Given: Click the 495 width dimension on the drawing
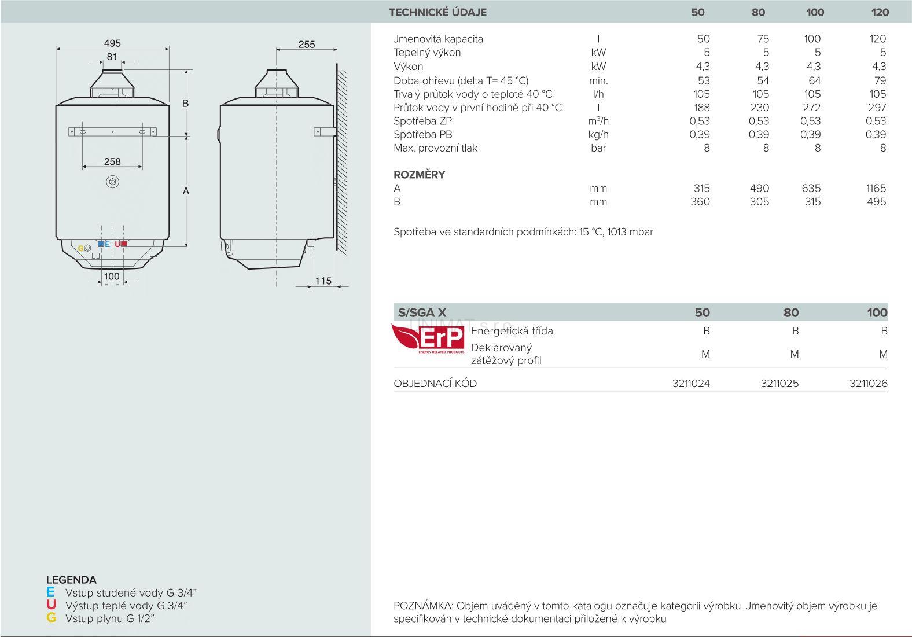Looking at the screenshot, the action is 112,43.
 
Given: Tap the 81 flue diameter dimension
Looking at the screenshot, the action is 112,57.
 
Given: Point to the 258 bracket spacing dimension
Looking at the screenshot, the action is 112,161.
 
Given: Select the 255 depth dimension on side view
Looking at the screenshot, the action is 307,45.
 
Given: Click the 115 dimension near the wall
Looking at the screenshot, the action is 323,281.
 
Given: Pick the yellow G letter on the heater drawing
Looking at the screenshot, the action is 80,248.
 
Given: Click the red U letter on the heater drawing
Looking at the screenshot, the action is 117,244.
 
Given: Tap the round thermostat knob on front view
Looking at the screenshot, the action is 112,182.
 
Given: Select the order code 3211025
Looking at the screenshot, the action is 779,384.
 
